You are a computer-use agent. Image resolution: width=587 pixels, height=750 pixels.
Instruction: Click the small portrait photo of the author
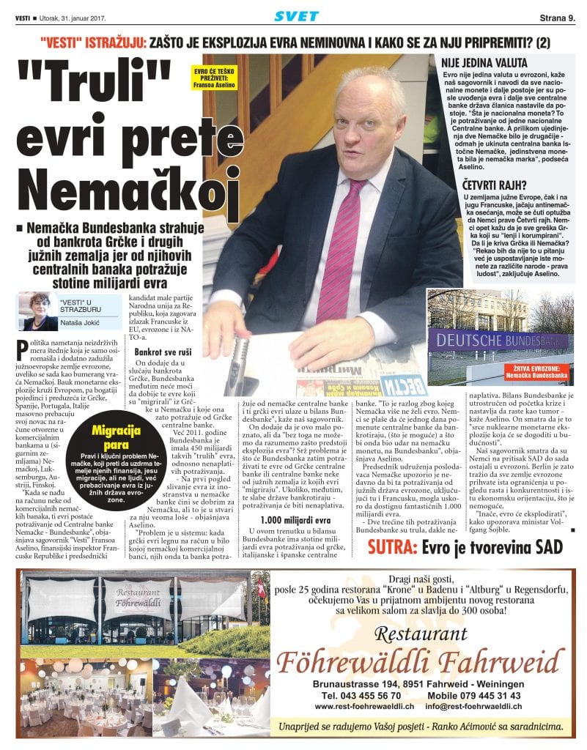34,311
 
